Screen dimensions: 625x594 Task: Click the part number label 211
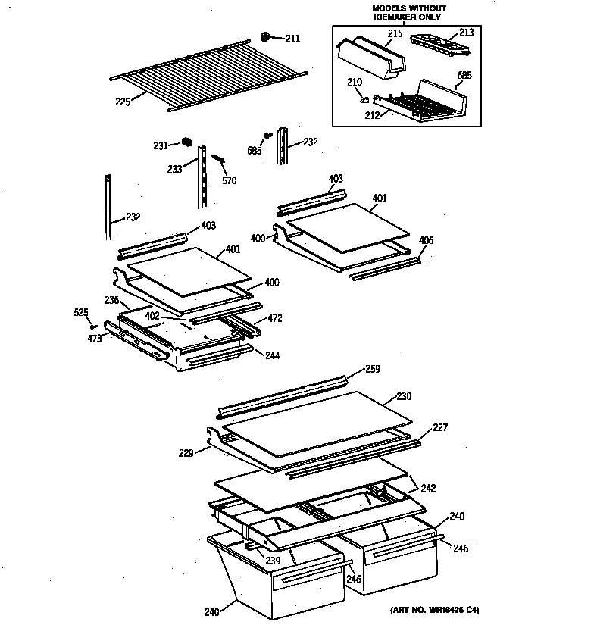coord(292,39)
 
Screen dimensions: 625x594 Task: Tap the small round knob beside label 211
coord(266,36)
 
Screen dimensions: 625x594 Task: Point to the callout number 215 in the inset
coord(395,34)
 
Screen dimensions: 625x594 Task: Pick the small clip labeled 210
coord(364,97)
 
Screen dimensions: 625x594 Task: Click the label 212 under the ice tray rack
coord(373,116)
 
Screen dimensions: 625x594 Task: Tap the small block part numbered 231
coord(187,141)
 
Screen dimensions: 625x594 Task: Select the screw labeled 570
coord(220,160)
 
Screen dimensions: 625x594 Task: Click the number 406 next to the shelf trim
coord(426,240)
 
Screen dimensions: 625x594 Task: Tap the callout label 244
coord(273,354)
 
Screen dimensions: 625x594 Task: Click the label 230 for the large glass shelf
coord(403,396)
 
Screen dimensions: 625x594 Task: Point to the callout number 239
coord(272,561)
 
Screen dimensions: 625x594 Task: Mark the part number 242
coord(428,489)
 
